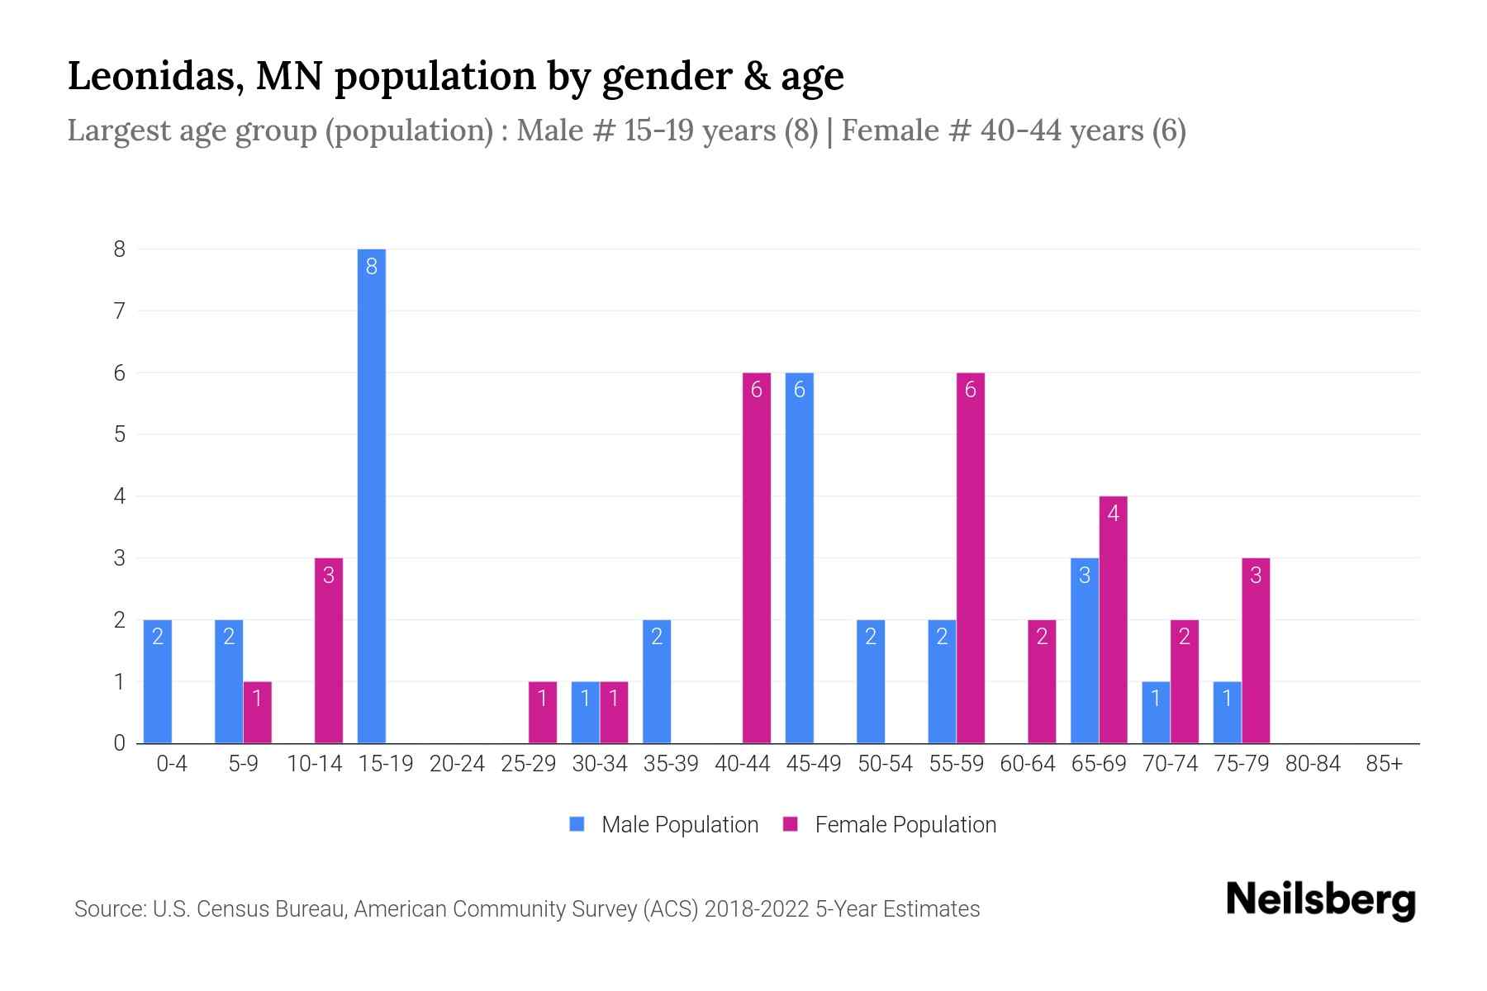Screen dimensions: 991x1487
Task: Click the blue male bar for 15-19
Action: (371, 495)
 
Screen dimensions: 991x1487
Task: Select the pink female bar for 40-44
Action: (756, 557)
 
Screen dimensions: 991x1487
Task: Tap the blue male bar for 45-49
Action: (799, 557)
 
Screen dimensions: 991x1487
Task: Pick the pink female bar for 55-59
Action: (970, 557)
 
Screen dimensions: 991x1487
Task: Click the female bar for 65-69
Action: (1113, 619)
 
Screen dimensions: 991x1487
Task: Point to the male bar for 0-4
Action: (157, 681)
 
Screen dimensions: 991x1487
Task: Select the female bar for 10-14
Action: (328, 651)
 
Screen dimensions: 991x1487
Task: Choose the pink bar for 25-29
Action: (542, 712)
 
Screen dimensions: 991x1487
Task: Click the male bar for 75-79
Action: (1227, 712)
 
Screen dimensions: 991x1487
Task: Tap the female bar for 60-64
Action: (1042, 681)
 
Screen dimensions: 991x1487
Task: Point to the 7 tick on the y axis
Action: (120, 311)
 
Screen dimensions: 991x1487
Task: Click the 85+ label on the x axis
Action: (1384, 764)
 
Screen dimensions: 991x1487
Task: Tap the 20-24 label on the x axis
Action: (457, 764)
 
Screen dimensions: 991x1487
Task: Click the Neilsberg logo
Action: (1320, 900)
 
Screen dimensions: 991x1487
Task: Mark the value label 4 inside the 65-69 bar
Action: (1113, 514)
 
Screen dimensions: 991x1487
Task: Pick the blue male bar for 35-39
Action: (656, 681)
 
